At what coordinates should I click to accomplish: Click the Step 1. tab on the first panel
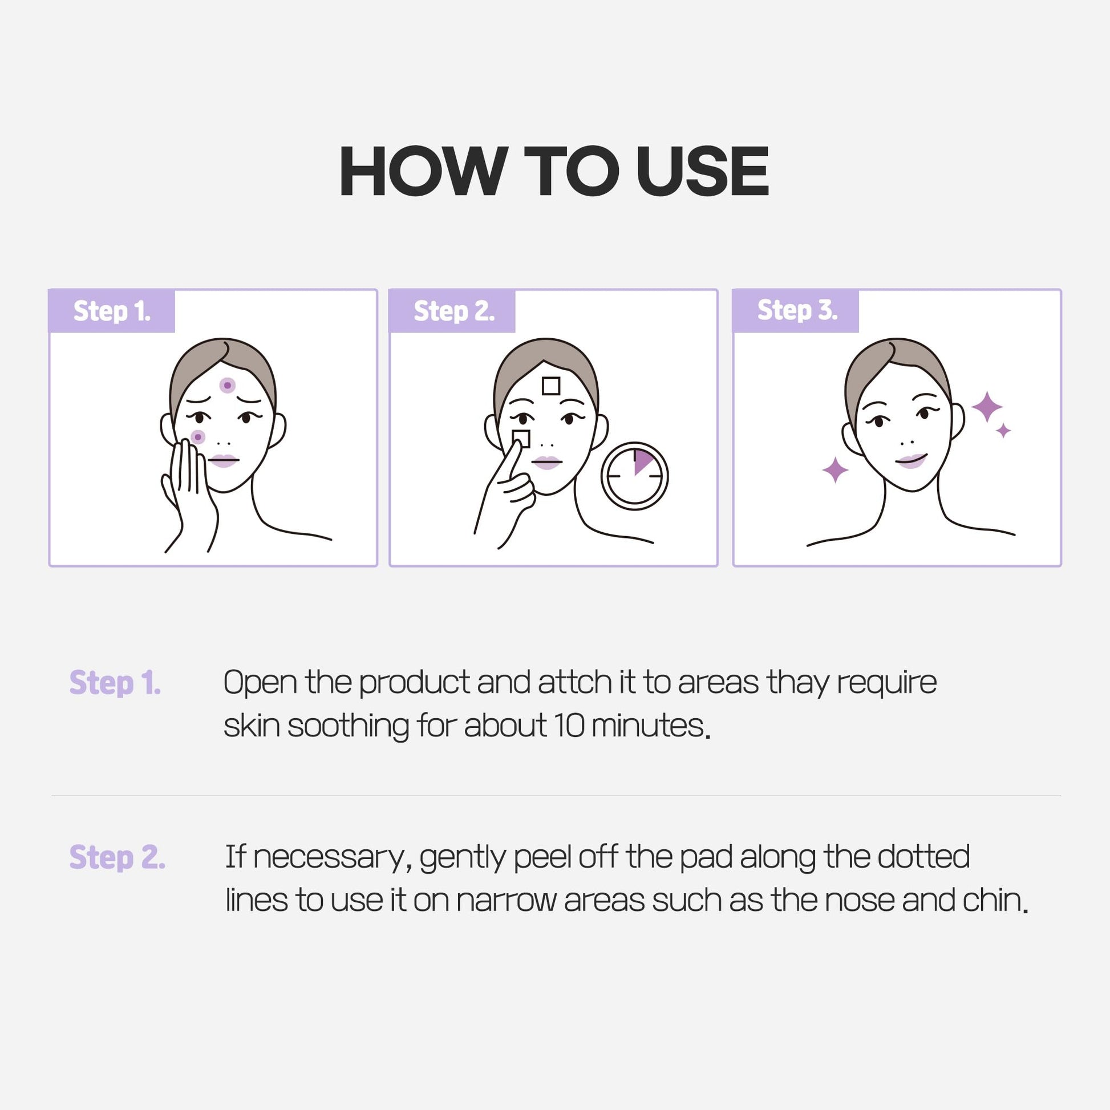(112, 311)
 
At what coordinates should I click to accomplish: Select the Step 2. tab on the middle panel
(453, 311)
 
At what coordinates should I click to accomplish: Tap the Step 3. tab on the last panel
(796, 311)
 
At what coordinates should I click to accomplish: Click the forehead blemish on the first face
(228, 385)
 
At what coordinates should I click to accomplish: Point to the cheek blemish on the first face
(197, 437)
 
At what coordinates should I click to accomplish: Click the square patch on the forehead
(551, 386)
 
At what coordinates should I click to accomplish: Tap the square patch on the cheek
(521, 439)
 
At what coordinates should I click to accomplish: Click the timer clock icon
(634, 476)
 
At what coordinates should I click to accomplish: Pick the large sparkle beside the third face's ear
(987, 407)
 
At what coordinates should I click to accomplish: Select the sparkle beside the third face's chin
(836, 470)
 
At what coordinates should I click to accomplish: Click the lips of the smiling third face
(910, 461)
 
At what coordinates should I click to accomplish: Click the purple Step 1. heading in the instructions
(115, 683)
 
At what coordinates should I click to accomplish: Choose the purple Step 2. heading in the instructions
(117, 857)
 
